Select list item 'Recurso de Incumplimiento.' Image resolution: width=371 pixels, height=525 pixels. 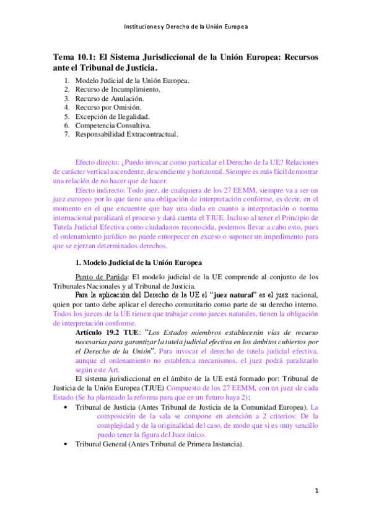(x=117, y=89)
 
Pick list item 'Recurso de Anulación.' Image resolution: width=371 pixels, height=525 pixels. (x=109, y=98)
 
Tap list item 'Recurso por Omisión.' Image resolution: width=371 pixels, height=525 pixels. (x=108, y=106)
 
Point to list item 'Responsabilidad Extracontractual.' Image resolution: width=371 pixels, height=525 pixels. (x=126, y=133)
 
